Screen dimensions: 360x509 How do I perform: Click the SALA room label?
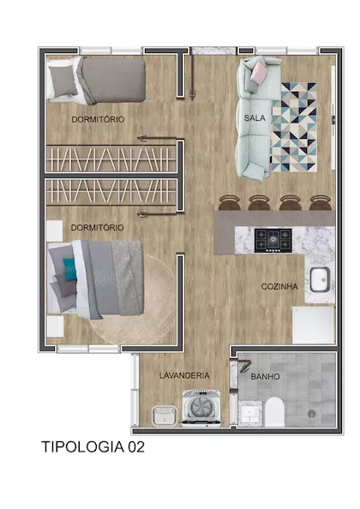pyautogui.click(x=255, y=118)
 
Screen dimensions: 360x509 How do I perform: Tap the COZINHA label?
pyautogui.click(x=279, y=287)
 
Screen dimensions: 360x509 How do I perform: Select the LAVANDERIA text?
pyautogui.click(x=184, y=375)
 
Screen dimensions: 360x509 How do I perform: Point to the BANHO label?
pyautogui.click(x=265, y=376)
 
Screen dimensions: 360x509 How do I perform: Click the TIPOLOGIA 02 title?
pyautogui.click(x=93, y=447)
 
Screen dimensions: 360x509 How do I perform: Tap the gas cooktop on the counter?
pyautogui.click(x=273, y=241)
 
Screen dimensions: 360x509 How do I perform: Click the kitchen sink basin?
pyautogui.click(x=320, y=279)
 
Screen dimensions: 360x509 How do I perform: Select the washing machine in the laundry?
pyautogui.click(x=201, y=408)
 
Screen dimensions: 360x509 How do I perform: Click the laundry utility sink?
pyautogui.click(x=165, y=416)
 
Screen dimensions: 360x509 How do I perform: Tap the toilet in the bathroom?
pyautogui.click(x=274, y=411)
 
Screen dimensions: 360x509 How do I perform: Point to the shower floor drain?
pyautogui.click(x=312, y=414)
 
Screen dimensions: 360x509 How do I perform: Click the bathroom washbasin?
pyautogui.click(x=250, y=413)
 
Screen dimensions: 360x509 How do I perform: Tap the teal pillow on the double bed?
pyautogui.click(x=69, y=269)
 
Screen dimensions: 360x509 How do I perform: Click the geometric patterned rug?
pyautogui.click(x=294, y=127)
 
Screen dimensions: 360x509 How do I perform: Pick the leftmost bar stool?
pyautogui.click(x=229, y=203)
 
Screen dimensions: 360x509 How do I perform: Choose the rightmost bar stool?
pyautogui.click(x=321, y=203)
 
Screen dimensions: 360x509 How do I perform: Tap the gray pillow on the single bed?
pyautogui.click(x=63, y=81)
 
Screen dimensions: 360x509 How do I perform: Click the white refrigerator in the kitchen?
pyautogui.click(x=313, y=325)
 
